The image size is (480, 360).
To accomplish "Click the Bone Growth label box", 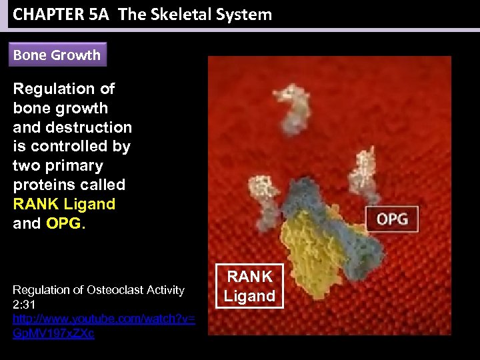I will [57, 55].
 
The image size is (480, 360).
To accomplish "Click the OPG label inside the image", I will [393, 219].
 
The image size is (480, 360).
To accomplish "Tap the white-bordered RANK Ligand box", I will [249, 286].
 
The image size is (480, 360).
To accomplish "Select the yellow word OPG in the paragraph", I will [63, 223].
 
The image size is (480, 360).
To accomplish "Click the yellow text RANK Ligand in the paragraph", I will [64, 204].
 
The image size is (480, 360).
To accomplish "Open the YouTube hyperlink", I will [103, 326].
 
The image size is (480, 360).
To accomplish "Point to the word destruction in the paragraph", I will [97, 127].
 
